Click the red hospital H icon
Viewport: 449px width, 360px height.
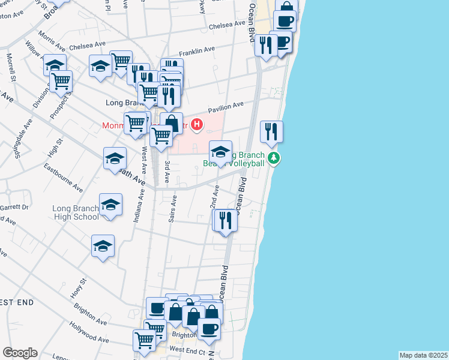point(196,125)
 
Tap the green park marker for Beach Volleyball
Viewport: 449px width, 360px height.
point(274,158)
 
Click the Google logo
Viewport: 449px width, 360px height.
point(20,353)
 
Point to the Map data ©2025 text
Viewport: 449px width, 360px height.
point(423,355)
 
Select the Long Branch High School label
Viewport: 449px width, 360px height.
point(76,213)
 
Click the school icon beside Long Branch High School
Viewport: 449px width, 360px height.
point(110,205)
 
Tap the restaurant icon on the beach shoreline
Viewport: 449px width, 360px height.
point(271,131)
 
